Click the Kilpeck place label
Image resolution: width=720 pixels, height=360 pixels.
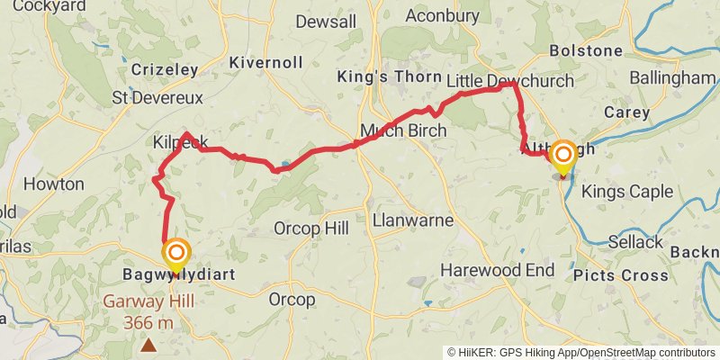pos(180,142)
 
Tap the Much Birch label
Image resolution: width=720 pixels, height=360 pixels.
pos(402,130)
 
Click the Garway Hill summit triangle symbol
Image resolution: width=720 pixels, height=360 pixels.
pos(148,344)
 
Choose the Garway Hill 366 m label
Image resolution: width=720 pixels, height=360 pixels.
pos(147,311)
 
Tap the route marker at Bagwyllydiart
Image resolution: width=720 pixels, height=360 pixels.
pos(175,254)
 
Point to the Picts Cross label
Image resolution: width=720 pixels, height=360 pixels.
pos(621,275)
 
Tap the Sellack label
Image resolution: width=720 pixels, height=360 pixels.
pos(635,242)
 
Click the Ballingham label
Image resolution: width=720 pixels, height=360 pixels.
pos(671,79)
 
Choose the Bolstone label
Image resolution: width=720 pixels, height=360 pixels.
pos(586,50)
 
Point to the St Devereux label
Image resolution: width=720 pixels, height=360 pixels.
pos(157,97)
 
